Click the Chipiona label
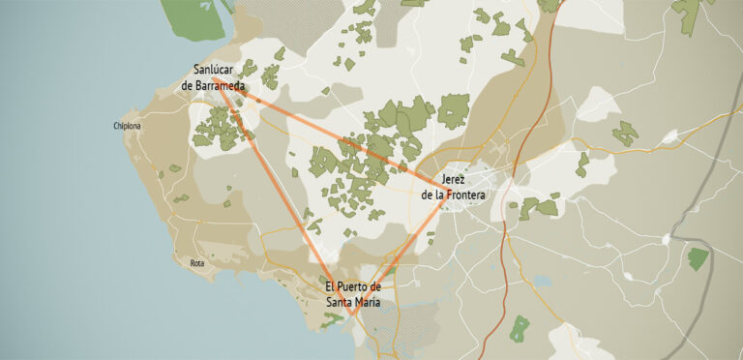(x=127, y=126)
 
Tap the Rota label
(x=197, y=263)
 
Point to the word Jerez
(x=453, y=180)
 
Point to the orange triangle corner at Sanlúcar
(x=214, y=79)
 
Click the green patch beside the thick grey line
(x=698, y=257)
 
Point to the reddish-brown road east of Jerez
(x=522, y=145)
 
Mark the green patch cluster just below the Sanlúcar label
(x=221, y=128)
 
